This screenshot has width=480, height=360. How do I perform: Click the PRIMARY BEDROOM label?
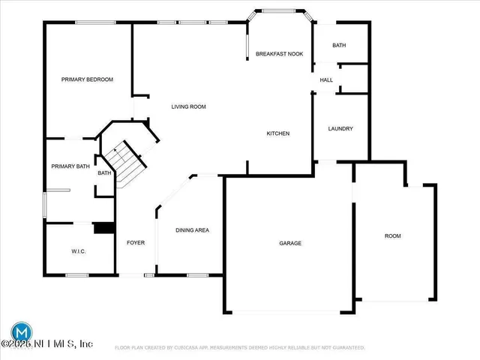(x=87, y=79)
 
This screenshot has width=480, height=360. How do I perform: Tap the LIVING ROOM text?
(x=188, y=107)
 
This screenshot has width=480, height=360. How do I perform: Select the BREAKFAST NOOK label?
(x=279, y=54)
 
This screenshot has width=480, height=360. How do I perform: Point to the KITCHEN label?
(x=278, y=133)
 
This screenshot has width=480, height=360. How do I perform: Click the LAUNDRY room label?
(x=340, y=129)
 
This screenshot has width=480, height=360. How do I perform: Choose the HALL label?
(x=326, y=80)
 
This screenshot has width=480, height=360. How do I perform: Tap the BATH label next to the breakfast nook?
(x=339, y=46)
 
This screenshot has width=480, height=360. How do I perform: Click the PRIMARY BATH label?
(x=70, y=166)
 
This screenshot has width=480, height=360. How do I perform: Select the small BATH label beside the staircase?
(x=104, y=173)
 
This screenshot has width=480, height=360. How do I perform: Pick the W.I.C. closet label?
(x=79, y=251)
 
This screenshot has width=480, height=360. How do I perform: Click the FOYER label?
(x=136, y=243)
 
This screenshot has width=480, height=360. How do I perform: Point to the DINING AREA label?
(x=192, y=230)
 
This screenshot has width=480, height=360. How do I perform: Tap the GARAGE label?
(x=290, y=243)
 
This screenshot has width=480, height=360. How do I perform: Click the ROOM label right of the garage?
(x=393, y=236)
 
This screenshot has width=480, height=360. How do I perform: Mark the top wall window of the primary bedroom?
(x=95, y=22)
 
